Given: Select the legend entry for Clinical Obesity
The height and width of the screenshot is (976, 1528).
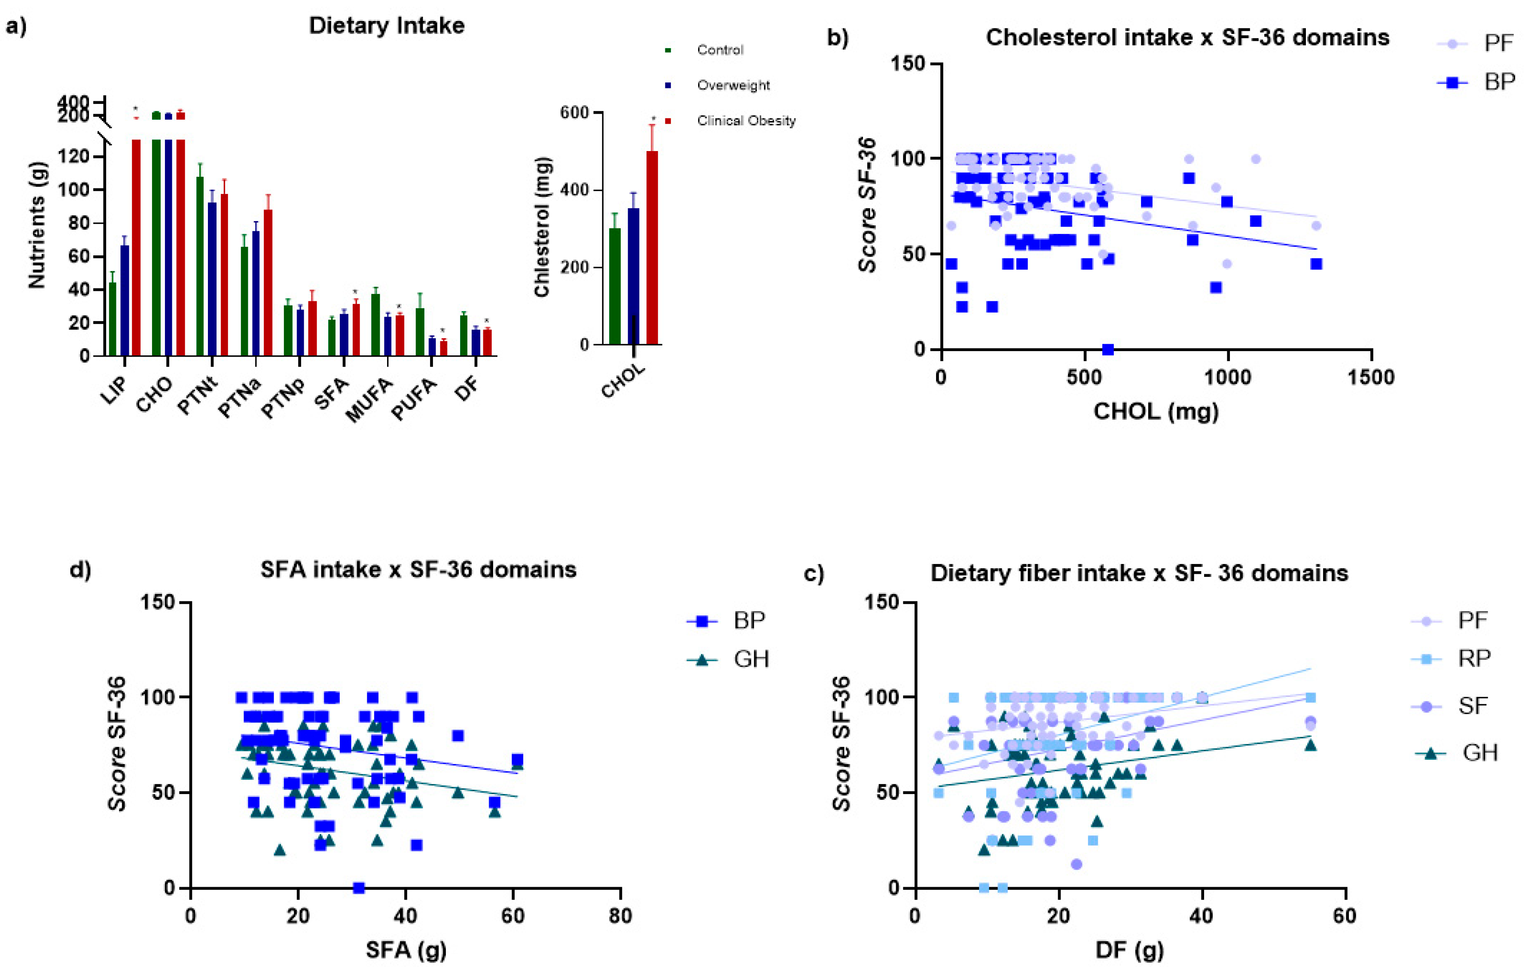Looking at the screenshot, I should (x=746, y=121).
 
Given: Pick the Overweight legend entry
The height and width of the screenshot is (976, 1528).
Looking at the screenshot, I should (x=733, y=85).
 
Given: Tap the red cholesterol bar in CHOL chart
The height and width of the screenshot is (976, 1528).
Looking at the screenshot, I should (x=652, y=247).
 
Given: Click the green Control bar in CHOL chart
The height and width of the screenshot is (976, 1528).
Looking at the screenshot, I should (x=614, y=285).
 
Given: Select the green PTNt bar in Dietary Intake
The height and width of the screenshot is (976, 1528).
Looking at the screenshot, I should (x=200, y=267).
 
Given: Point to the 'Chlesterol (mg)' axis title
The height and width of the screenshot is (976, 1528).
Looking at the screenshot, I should (x=541, y=226).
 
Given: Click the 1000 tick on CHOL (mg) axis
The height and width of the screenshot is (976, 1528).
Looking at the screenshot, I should (x=1227, y=377).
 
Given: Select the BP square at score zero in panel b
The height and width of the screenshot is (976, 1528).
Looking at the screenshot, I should (x=1107, y=349).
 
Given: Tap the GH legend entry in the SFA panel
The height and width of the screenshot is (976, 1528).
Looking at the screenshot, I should (x=750, y=660).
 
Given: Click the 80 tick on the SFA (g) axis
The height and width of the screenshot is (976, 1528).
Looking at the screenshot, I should (x=619, y=916).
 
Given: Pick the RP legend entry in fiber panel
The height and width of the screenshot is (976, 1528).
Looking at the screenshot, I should (x=1473, y=658).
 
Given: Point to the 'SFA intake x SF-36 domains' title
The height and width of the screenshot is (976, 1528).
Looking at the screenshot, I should (x=418, y=570).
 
